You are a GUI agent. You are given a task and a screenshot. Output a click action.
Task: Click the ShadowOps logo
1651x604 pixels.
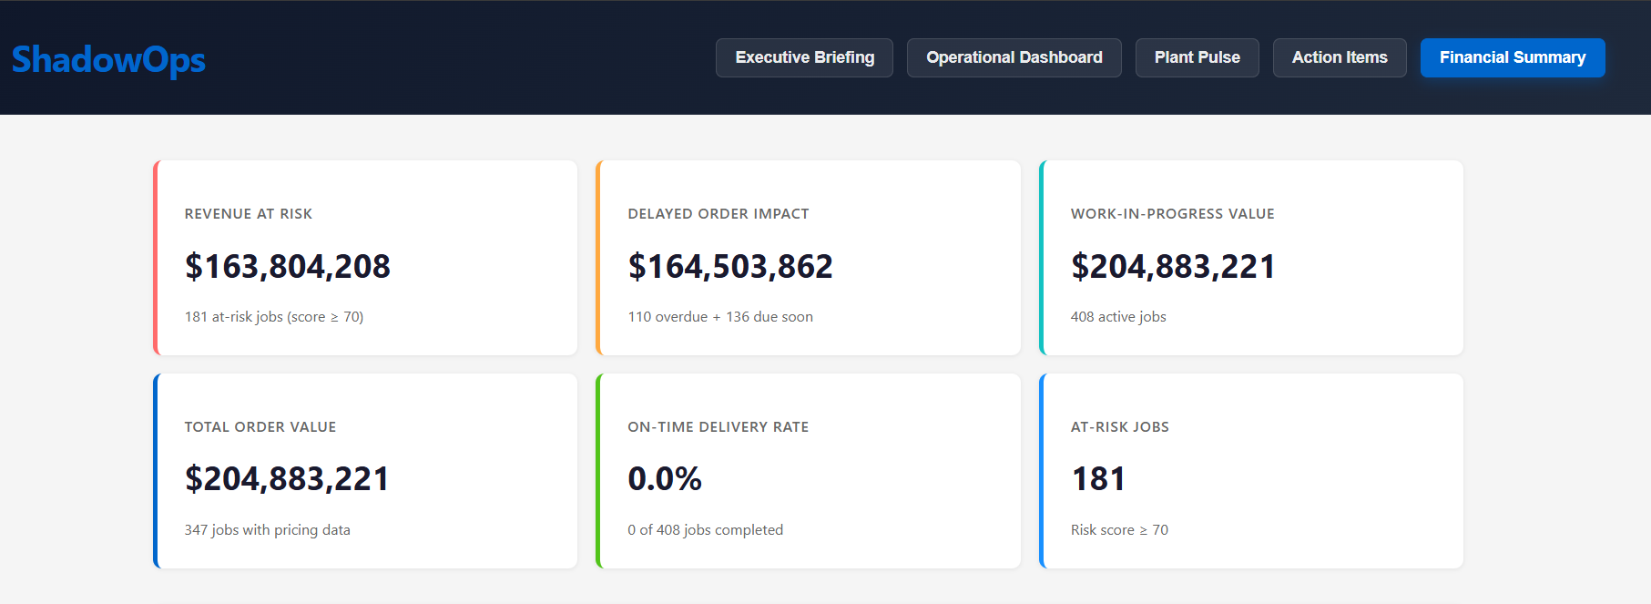[x=108, y=59]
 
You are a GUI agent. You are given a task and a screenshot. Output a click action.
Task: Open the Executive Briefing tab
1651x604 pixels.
[x=804, y=57]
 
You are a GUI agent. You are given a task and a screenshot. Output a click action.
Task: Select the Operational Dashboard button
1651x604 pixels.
[x=1014, y=57]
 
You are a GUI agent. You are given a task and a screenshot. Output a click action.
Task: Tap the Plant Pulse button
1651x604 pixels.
[x=1197, y=57]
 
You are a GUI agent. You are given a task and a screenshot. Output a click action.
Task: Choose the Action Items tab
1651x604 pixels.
[x=1339, y=57]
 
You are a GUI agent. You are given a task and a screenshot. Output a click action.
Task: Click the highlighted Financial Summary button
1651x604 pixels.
[x=1512, y=57]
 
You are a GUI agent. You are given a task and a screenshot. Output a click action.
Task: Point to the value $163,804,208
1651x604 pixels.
[x=287, y=266]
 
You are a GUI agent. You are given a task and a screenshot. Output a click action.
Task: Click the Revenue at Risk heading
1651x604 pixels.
[x=248, y=214]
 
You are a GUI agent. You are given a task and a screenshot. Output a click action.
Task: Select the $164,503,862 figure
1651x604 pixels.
[x=729, y=266]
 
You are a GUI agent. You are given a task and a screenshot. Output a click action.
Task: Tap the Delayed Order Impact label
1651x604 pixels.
[x=718, y=214]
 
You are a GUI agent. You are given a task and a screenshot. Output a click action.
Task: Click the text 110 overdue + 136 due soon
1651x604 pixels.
[x=719, y=317]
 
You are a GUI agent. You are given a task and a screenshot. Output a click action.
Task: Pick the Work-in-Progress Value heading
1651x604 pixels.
[x=1172, y=214]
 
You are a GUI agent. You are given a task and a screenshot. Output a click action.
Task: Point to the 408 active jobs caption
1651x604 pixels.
[x=1117, y=317]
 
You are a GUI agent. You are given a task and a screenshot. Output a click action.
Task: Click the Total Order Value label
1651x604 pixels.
[x=260, y=427]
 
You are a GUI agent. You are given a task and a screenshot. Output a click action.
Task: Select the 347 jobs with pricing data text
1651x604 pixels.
[x=267, y=530]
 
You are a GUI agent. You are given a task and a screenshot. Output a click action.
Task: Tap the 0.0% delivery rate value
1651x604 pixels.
[x=664, y=479]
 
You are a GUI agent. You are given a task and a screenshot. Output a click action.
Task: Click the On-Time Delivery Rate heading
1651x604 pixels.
[x=718, y=427]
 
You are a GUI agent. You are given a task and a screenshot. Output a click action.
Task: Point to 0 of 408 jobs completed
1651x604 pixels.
[x=705, y=530]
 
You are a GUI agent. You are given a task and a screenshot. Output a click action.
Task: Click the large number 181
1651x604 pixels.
[x=1097, y=479]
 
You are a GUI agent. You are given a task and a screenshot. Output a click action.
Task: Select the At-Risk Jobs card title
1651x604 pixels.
[x=1119, y=427]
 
